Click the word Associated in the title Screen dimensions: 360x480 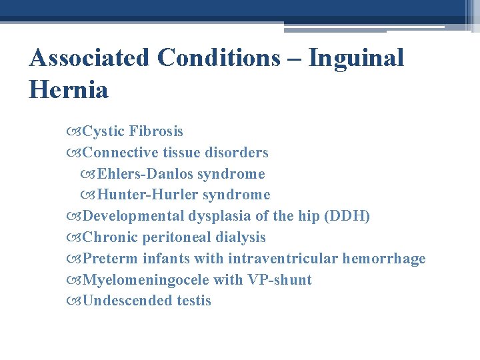coord(89,58)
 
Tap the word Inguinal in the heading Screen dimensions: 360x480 coord(356,58)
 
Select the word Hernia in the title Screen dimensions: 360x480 coord(68,89)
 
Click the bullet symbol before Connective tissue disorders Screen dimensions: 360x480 coord(75,153)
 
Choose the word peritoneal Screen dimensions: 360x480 coord(176,237)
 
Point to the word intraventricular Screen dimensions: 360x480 coord(283,259)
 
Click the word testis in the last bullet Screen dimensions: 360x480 coord(193,301)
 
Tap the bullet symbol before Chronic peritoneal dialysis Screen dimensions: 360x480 coord(75,237)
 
